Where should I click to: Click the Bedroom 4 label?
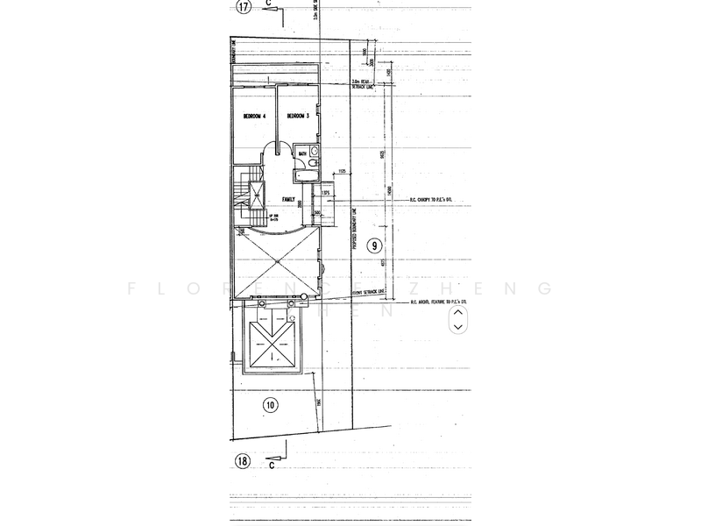pos(248,116)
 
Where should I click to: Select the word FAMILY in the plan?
pos(287,199)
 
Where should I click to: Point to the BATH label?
pos(301,154)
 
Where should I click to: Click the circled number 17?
pos(244,8)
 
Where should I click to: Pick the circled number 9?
pos(374,245)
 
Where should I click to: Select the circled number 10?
pos(269,404)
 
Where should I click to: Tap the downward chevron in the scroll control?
pos(457,327)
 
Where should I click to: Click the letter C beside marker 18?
pos(272,466)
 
